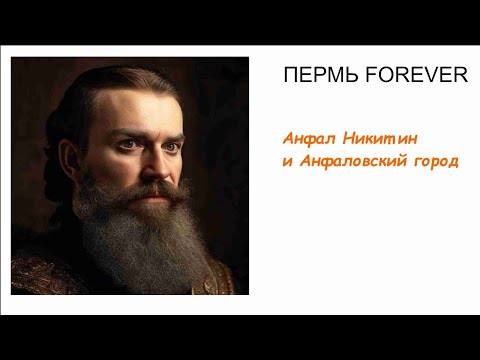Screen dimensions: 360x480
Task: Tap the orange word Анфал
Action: pyautogui.click(x=305, y=140)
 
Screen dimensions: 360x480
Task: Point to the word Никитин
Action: pyautogui.click(x=382, y=140)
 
